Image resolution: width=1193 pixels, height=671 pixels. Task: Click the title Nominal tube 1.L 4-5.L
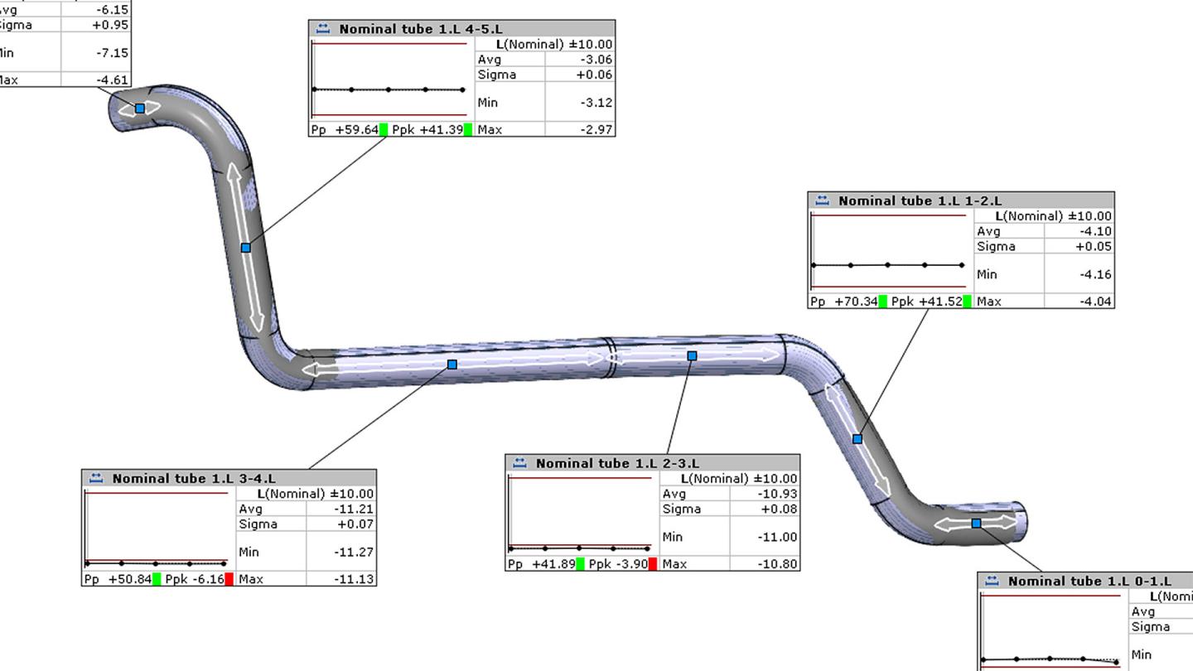tap(420, 29)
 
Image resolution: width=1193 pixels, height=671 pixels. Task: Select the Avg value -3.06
tap(596, 60)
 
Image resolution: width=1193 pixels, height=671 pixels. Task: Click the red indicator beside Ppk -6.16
tap(229, 579)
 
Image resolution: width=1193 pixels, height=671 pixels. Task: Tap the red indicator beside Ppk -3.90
tap(653, 564)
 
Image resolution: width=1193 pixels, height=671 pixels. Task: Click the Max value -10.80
tap(779, 564)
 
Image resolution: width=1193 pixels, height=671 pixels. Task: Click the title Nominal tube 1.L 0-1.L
tap(1089, 581)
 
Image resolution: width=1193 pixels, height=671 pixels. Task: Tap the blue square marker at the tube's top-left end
tap(140, 109)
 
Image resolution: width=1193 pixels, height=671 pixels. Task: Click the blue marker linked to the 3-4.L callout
tap(452, 364)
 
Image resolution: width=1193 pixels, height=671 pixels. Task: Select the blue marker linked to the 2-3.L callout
tap(693, 355)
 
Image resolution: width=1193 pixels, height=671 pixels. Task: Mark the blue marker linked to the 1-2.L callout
tap(857, 439)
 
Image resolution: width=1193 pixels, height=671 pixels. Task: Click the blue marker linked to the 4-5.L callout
tap(245, 248)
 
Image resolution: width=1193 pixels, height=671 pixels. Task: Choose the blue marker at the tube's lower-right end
tap(976, 523)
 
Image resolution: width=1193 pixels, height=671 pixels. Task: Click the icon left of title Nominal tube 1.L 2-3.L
tap(520, 463)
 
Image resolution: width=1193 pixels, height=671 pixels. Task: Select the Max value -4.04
tap(1095, 302)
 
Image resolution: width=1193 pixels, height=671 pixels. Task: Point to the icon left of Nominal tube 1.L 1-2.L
tap(823, 200)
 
